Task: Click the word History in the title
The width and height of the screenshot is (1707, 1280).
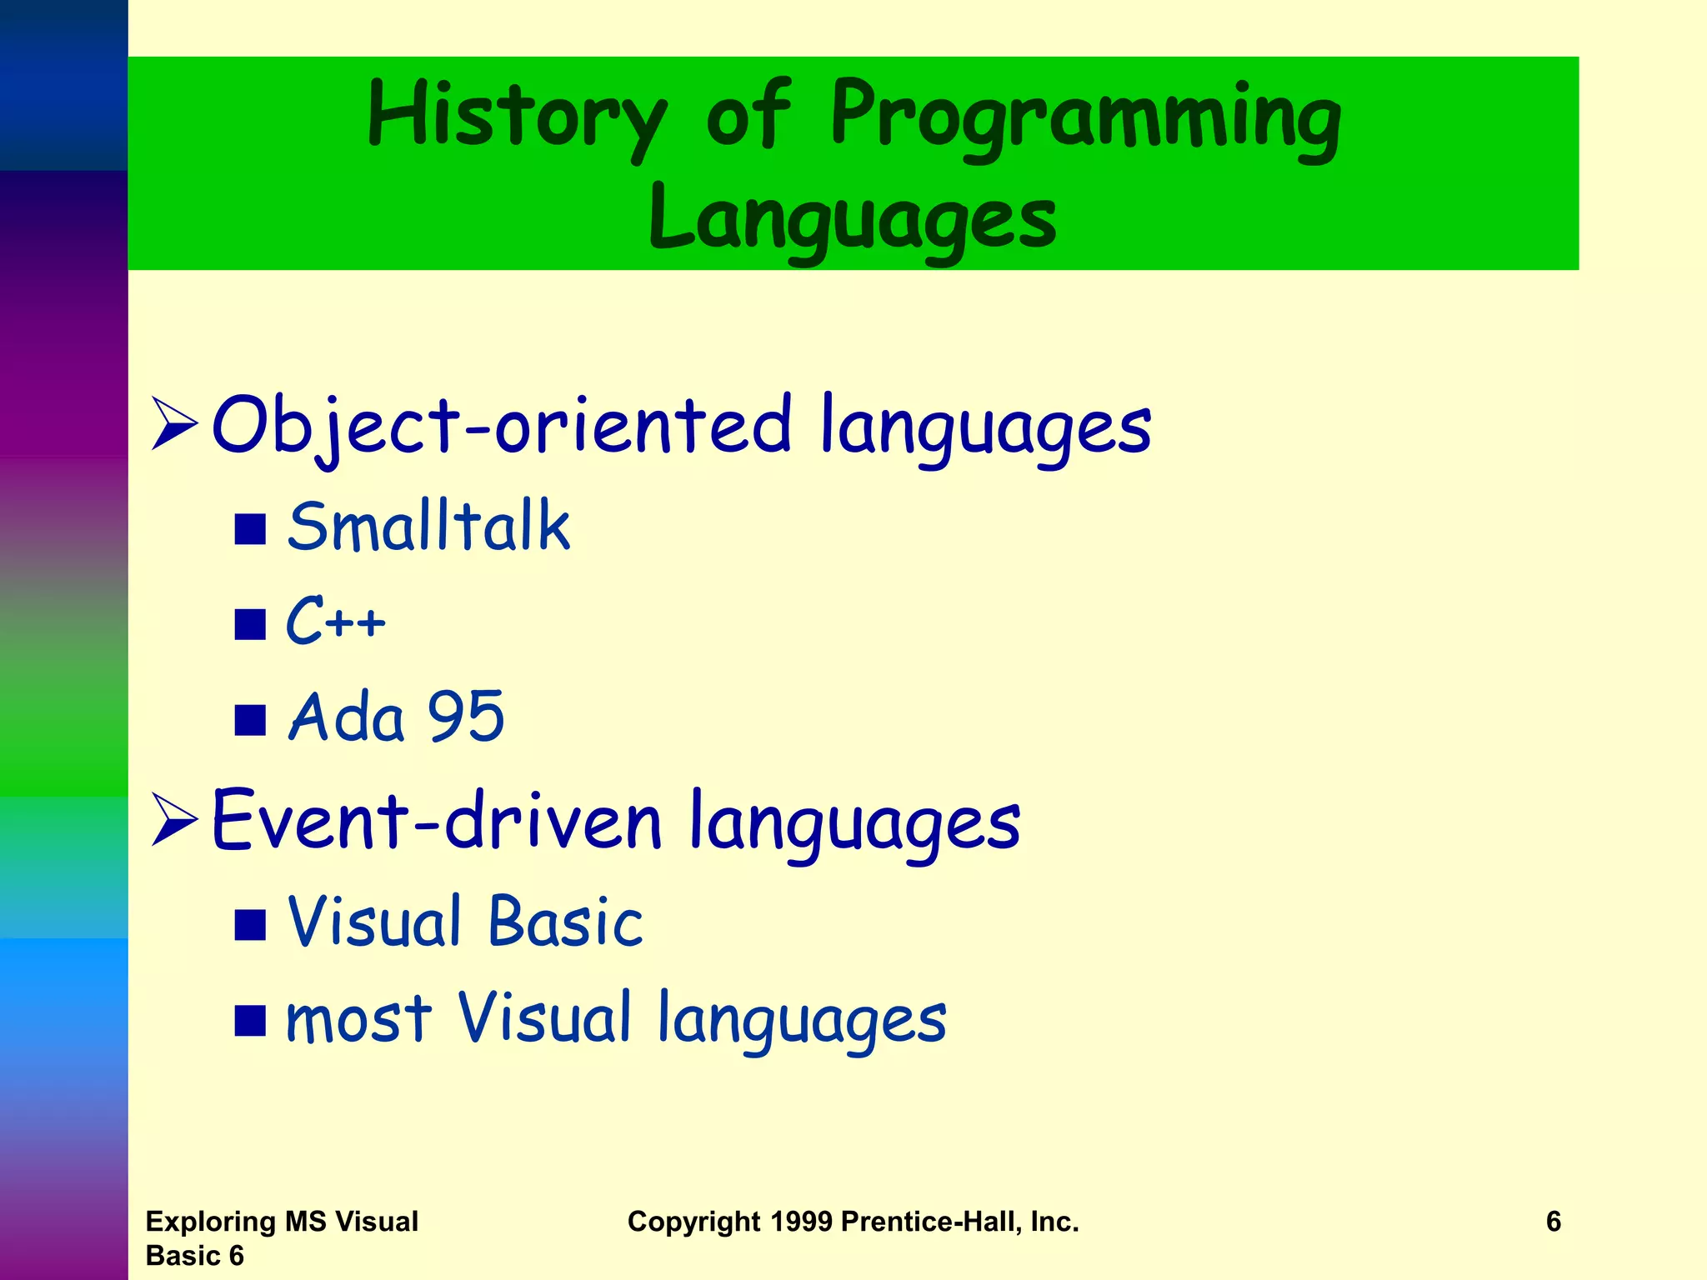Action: [517, 117]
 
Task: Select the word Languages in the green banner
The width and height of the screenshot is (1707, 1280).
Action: [853, 218]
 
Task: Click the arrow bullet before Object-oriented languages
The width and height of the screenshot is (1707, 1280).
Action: [174, 425]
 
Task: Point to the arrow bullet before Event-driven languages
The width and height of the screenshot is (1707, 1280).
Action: [174, 821]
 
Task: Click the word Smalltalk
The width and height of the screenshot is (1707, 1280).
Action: [428, 527]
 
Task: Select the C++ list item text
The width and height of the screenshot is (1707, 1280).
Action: [336, 621]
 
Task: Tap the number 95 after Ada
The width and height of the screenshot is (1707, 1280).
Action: [466, 717]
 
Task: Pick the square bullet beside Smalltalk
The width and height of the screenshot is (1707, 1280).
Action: [250, 529]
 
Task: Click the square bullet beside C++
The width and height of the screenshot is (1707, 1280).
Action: [250, 624]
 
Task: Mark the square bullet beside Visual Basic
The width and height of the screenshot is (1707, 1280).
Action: [250, 924]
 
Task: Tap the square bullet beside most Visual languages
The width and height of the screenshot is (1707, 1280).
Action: [250, 1020]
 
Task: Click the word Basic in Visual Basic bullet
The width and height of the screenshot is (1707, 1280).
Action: [565, 922]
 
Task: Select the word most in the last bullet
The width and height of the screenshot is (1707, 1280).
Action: [358, 1020]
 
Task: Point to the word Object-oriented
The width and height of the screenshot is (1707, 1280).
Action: [501, 425]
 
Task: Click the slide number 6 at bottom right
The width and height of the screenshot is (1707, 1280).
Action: [1553, 1222]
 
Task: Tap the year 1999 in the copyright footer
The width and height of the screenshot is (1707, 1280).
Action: [801, 1222]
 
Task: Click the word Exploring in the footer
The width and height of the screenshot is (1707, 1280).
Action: [211, 1222]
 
